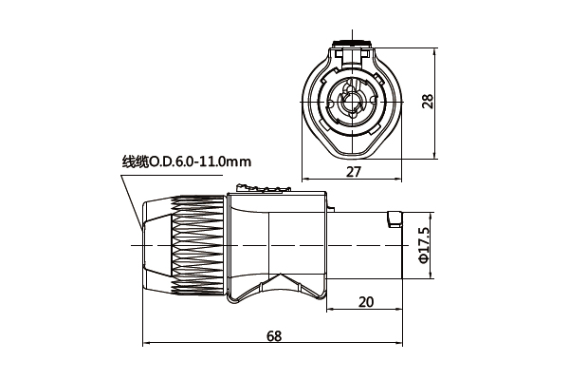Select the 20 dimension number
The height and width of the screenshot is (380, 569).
[x=365, y=302]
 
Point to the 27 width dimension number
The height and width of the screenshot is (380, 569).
[x=353, y=172]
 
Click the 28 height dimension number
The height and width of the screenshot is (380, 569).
[x=428, y=101]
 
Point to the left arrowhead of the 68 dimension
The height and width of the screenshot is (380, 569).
[x=146, y=344]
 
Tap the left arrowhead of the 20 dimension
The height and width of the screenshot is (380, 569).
[x=329, y=310]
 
